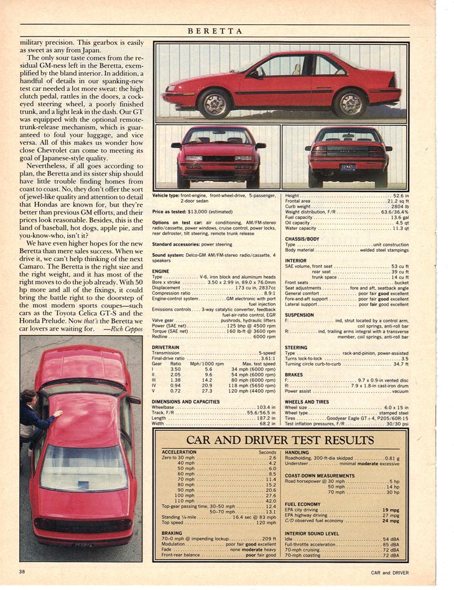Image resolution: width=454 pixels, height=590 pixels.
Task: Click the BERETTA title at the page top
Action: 214,30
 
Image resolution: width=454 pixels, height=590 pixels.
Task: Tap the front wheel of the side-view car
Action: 215,103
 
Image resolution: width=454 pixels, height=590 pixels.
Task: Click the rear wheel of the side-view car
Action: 350,103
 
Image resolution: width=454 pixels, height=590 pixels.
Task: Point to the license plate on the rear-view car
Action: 348,167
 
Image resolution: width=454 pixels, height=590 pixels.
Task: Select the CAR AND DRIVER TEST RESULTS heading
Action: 280,440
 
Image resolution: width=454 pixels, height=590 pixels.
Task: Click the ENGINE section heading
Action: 160,271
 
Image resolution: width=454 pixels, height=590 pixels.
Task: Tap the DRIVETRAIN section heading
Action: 167,348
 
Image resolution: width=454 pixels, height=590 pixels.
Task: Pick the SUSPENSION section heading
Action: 299,315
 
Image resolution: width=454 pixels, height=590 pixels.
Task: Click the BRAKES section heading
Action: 294,375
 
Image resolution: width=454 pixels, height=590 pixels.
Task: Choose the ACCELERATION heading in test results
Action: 179,452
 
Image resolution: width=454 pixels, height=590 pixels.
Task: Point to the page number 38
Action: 22,571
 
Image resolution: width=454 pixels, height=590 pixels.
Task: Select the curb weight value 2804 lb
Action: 396,207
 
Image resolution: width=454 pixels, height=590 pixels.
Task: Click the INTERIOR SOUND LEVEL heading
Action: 312,533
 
